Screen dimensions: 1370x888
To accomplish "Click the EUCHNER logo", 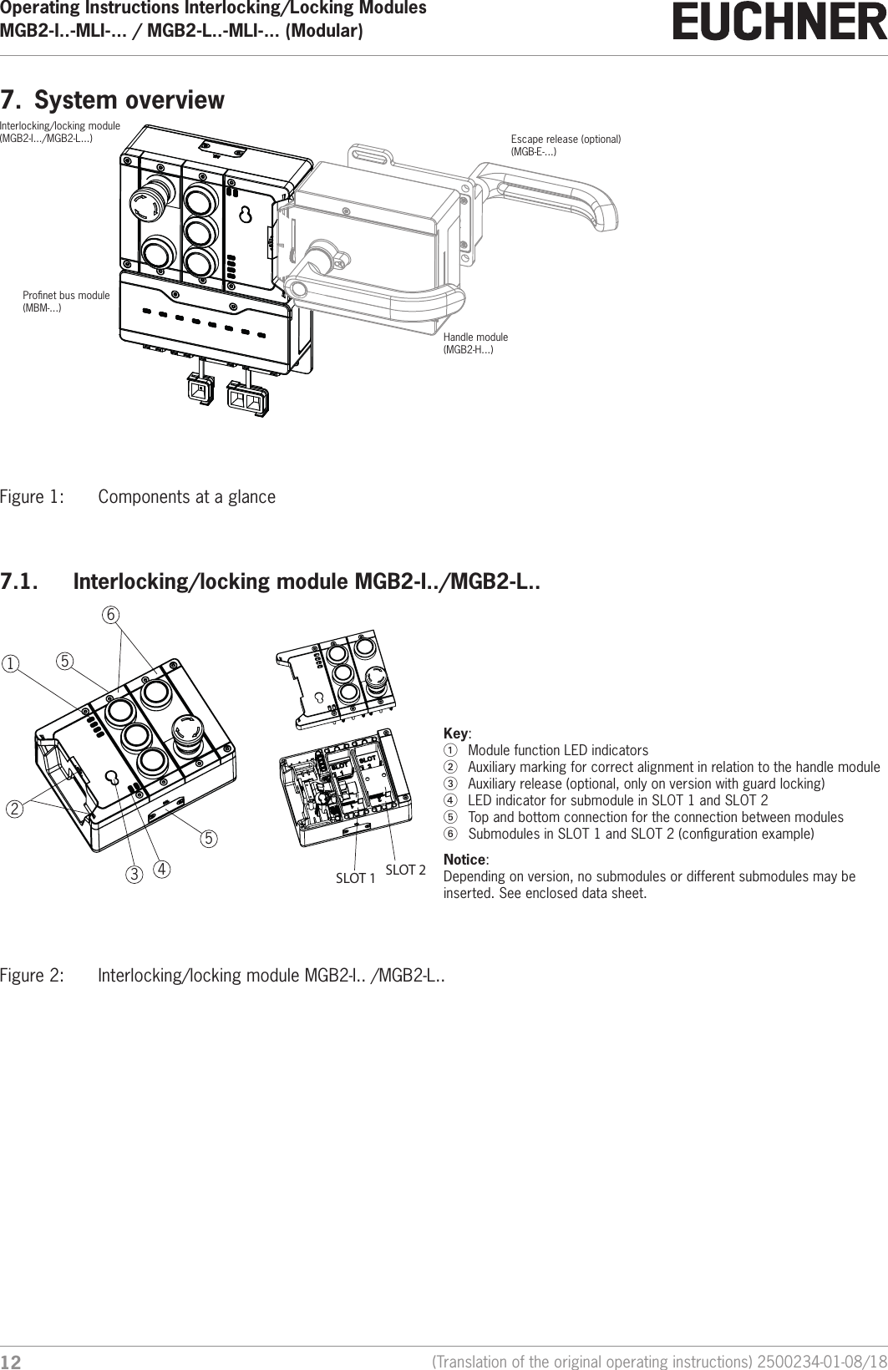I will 779,23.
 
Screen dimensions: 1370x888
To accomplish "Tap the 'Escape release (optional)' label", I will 566,145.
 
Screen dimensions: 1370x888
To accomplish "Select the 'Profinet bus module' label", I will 66,302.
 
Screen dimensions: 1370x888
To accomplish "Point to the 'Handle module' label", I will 475,342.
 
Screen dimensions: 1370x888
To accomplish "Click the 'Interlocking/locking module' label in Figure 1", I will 60,131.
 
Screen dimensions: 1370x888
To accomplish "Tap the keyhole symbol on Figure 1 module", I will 245,216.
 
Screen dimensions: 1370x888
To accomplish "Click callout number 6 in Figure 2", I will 110,614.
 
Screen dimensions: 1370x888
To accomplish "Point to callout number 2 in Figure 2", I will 14,809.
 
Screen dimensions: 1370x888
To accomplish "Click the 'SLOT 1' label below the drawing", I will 355,878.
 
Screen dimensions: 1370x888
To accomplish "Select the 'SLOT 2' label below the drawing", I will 405,870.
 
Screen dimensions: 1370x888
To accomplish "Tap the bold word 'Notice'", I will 464,860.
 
